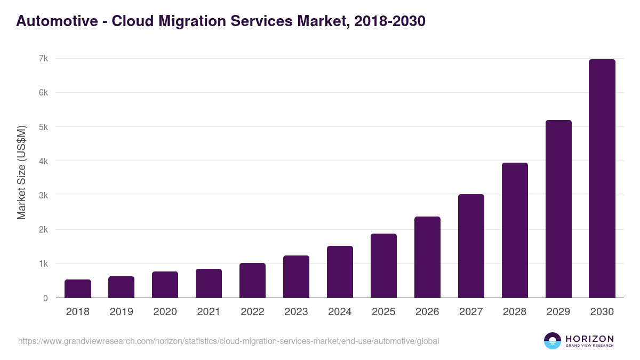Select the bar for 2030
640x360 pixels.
pyautogui.click(x=602, y=179)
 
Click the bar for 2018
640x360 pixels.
pyautogui.click(x=78, y=289)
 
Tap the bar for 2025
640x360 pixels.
pyautogui.click(x=384, y=266)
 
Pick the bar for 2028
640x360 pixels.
pyautogui.click(x=515, y=230)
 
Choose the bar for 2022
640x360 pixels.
pyautogui.click(x=253, y=281)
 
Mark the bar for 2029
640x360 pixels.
pyautogui.click(x=558, y=209)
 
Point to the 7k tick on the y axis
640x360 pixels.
pyautogui.click(x=43, y=58)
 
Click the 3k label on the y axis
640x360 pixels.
pyautogui.click(x=43, y=195)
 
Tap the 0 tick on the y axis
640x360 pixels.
pyautogui.click(x=45, y=298)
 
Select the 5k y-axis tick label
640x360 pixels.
pyautogui.click(x=43, y=127)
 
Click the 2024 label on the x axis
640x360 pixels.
pyautogui.click(x=340, y=312)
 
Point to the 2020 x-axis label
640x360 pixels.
pyautogui.click(x=165, y=312)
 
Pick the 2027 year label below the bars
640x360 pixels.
pyautogui.click(x=471, y=312)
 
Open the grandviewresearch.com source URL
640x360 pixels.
pyautogui.click(x=228, y=341)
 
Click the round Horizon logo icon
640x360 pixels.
pyautogui.click(x=553, y=341)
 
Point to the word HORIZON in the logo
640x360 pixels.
pyautogui.click(x=589, y=338)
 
